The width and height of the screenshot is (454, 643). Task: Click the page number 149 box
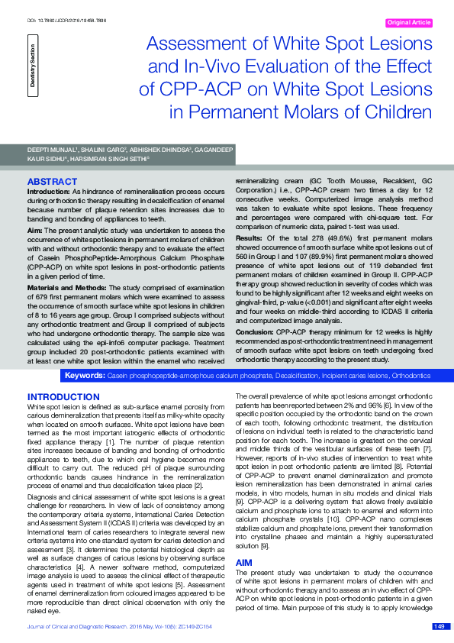pyautogui.click(x=439, y=627)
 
